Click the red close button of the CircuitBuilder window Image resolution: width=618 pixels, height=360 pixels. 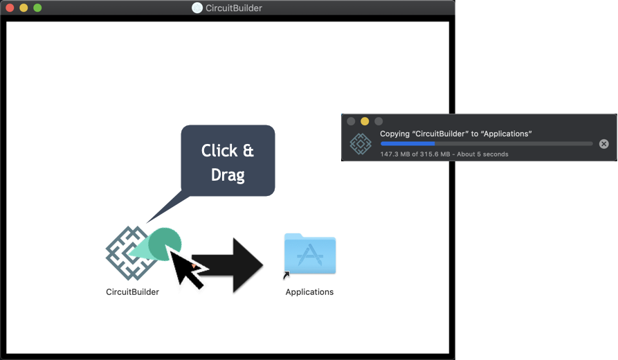[10, 8]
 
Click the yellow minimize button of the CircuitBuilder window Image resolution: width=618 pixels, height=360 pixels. [24, 8]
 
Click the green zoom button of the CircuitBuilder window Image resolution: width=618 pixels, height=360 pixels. [37, 8]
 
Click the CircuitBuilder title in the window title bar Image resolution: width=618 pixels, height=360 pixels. [234, 8]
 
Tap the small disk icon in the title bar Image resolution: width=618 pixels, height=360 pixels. [197, 8]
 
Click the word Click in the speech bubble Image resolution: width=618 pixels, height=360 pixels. [219, 151]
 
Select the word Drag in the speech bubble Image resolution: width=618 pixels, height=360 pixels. [228, 174]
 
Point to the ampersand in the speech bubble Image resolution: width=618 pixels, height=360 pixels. [248, 151]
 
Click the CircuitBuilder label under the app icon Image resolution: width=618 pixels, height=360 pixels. [132, 292]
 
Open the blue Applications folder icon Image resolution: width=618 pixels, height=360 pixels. [310, 253]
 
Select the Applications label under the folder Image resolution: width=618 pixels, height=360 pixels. [309, 292]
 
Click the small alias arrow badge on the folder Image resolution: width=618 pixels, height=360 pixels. [287, 275]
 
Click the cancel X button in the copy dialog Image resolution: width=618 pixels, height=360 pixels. [603, 144]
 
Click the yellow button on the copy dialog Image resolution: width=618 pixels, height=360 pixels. [365, 121]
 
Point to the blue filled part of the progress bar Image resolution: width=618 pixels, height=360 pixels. [408, 143]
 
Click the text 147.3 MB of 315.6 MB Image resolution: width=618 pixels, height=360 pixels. [415, 154]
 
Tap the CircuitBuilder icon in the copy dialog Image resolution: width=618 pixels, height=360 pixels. [361, 143]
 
